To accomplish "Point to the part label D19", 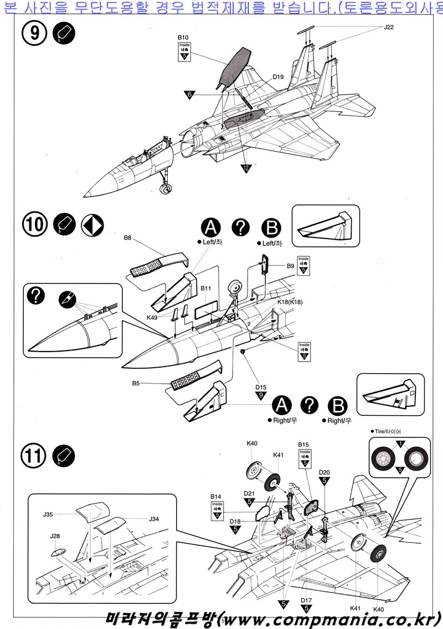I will (x=278, y=77).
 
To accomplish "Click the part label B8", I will (x=127, y=238).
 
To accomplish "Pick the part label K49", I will (x=153, y=317).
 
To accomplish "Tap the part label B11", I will (x=206, y=288).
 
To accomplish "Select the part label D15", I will (x=261, y=387).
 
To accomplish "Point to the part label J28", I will (x=55, y=536).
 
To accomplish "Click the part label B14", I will (x=216, y=497).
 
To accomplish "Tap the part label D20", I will (x=324, y=472).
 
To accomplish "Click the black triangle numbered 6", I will (x=190, y=95).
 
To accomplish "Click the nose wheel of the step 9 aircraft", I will (x=166, y=189).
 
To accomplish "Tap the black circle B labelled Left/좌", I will (x=271, y=228).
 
